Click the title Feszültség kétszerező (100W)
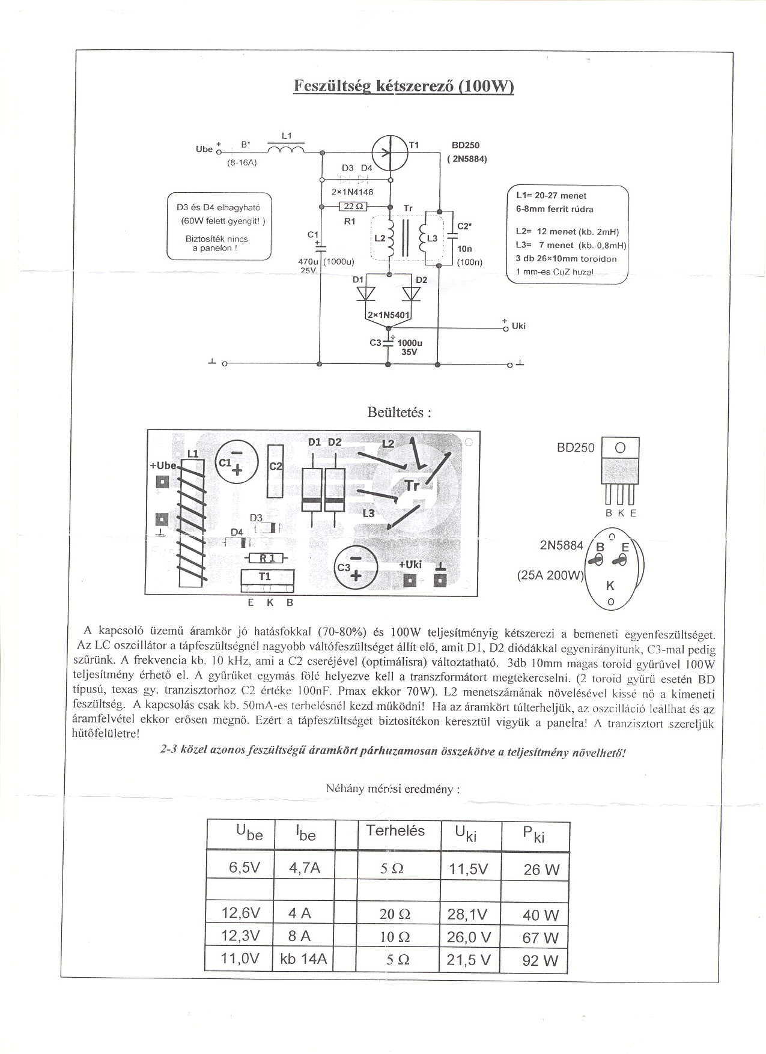[404, 86]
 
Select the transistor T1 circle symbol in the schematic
[389, 153]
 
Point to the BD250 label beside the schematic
[466, 145]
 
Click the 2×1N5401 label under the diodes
[388, 315]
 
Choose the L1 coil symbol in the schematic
[285, 148]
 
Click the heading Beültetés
[399, 413]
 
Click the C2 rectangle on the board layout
[276, 470]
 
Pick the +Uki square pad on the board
[410, 580]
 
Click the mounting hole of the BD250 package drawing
[620, 448]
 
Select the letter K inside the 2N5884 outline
[610, 586]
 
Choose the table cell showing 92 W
[541, 960]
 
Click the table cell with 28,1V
[467, 915]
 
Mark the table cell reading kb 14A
[303, 959]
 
